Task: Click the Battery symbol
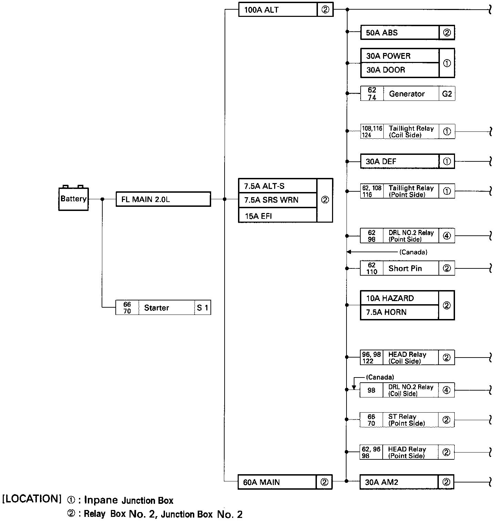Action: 73,199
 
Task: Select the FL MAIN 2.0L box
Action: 163,199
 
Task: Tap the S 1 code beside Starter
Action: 203,308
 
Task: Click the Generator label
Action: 407,94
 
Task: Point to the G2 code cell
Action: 447,94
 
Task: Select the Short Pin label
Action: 405,268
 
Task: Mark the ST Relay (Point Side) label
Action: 406,420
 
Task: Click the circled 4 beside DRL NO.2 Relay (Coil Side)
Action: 446,390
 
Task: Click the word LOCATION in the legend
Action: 32,499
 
